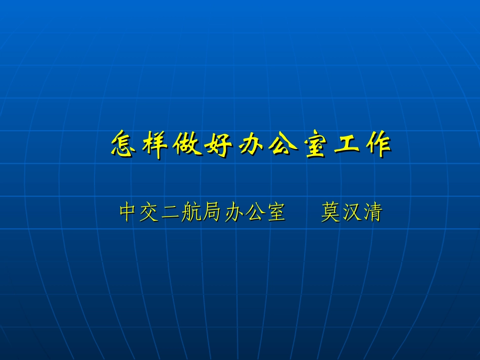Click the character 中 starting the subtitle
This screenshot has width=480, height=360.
pyautogui.click(x=129, y=213)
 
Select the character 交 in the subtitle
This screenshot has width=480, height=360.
pyautogui.click(x=150, y=213)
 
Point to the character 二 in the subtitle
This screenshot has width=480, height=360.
pyautogui.click(x=170, y=213)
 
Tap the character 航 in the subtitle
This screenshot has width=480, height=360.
pyautogui.click(x=191, y=213)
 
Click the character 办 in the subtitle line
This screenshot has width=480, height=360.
pyautogui.click(x=233, y=213)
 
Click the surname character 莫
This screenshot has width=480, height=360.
pyautogui.click(x=330, y=213)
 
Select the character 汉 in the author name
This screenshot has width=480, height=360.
pyautogui.click(x=352, y=213)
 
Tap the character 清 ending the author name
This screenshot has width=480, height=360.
pyautogui.click(x=372, y=213)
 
